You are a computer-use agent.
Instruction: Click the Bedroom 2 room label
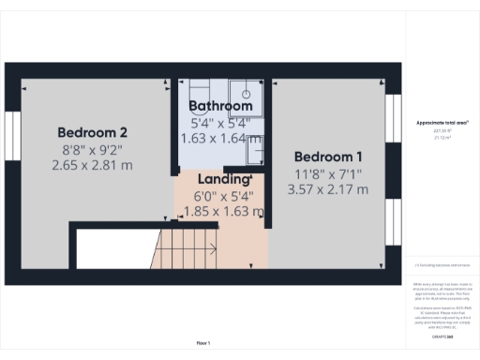point(93,132)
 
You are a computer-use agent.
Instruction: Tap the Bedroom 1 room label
point(328,156)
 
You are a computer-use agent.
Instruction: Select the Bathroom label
point(220,107)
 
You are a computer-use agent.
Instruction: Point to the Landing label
point(221,179)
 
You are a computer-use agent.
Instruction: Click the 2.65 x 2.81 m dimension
point(93,165)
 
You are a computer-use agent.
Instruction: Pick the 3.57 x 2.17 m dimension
point(328,188)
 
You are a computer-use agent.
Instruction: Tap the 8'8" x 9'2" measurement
point(93,149)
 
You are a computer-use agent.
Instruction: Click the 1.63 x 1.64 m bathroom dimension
point(220,138)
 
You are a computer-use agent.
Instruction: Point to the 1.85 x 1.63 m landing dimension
point(221,211)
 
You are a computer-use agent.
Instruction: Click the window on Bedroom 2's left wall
point(13,141)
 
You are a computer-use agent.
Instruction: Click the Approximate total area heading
point(442,123)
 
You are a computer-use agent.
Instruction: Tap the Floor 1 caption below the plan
point(203,343)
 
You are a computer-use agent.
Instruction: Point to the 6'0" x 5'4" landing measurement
point(221,195)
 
